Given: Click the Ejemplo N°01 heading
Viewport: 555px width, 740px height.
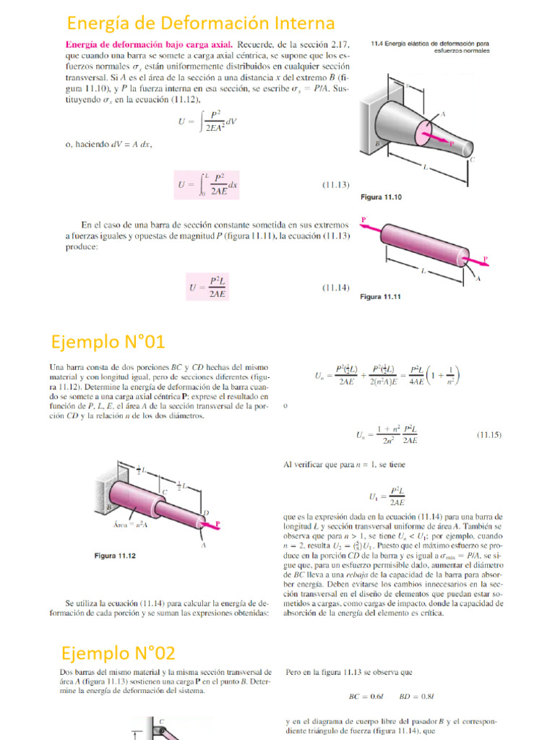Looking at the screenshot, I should [108, 340].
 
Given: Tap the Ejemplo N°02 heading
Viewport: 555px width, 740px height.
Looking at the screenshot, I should [118, 653].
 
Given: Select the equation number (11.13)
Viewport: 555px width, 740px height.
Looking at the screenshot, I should [335, 184].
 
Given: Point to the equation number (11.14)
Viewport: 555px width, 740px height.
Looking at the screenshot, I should [335, 288].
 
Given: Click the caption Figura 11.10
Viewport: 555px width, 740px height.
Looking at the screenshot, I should [380, 197].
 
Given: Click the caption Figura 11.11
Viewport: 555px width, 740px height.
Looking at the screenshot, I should [380, 297].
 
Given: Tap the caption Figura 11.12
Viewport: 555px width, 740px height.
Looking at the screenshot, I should [116, 556].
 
